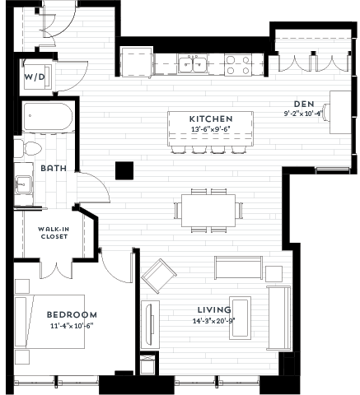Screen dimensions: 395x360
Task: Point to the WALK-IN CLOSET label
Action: (54, 233)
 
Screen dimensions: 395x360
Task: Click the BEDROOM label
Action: (72, 314)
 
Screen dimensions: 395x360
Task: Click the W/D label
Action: (33, 77)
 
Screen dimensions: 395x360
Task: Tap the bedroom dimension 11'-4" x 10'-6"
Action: (72, 325)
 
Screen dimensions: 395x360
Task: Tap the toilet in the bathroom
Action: (30, 149)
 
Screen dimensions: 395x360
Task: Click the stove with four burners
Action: (239, 64)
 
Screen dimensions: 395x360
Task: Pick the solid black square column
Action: (124, 170)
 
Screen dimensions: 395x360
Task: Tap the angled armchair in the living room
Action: (159, 273)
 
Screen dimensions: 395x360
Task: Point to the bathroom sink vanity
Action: (23, 184)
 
